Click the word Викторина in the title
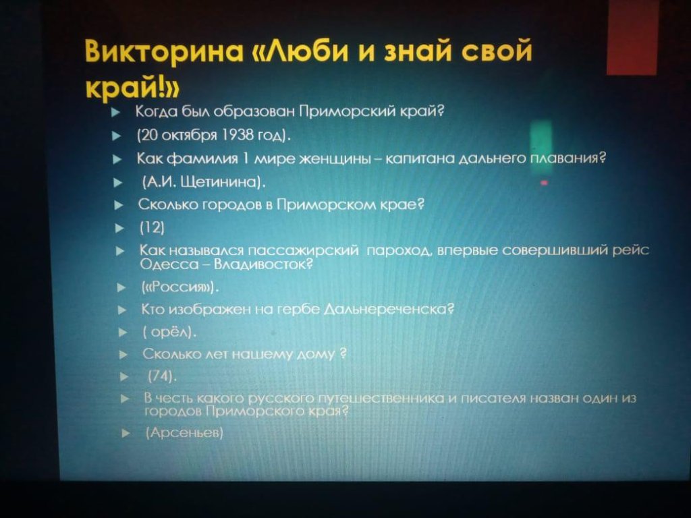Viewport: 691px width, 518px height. [x=164, y=51]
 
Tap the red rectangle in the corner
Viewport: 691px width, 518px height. [x=632, y=37]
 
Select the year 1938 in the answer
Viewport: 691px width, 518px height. [x=238, y=134]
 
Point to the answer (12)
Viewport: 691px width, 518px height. [x=152, y=227]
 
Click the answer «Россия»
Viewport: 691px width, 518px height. [x=179, y=287]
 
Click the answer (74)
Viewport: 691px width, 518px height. [x=162, y=376]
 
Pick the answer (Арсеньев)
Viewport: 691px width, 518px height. [x=184, y=432]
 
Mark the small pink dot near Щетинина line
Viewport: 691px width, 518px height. [x=545, y=182]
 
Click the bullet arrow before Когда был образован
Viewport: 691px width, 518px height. [x=116, y=113]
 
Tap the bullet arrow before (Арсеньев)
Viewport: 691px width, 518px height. [x=126, y=434]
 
